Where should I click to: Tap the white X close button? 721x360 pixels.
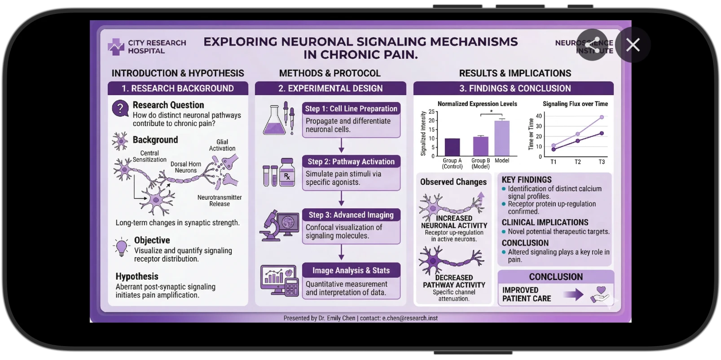tap(633, 45)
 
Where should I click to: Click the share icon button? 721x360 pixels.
tap(593, 45)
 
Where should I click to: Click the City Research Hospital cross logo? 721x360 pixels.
tap(116, 47)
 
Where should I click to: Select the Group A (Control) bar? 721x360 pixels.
tap(452, 147)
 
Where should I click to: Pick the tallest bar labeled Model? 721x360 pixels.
tap(502, 138)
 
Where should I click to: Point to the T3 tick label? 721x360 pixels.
tap(602, 162)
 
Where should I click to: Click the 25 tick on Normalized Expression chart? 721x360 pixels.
tap(432, 112)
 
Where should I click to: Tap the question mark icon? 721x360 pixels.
tap(120, 108)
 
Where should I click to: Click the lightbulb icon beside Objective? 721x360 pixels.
tap(121, 247)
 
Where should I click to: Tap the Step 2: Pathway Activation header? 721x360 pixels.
tap(351, 162)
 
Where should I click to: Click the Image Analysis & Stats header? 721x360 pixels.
tap(351, 270)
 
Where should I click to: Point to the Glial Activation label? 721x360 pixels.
tap(222, 145)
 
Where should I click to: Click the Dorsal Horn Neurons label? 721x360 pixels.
tap(186, 167)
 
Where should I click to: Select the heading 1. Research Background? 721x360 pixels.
tap(178, 88)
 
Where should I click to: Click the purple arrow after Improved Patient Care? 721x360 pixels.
tap(573, 294)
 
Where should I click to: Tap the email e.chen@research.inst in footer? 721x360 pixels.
tap(410, 318)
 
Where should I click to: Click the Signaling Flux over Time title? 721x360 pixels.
tap(575, 104)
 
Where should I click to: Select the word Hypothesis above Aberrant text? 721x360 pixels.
tap(137, 277)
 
